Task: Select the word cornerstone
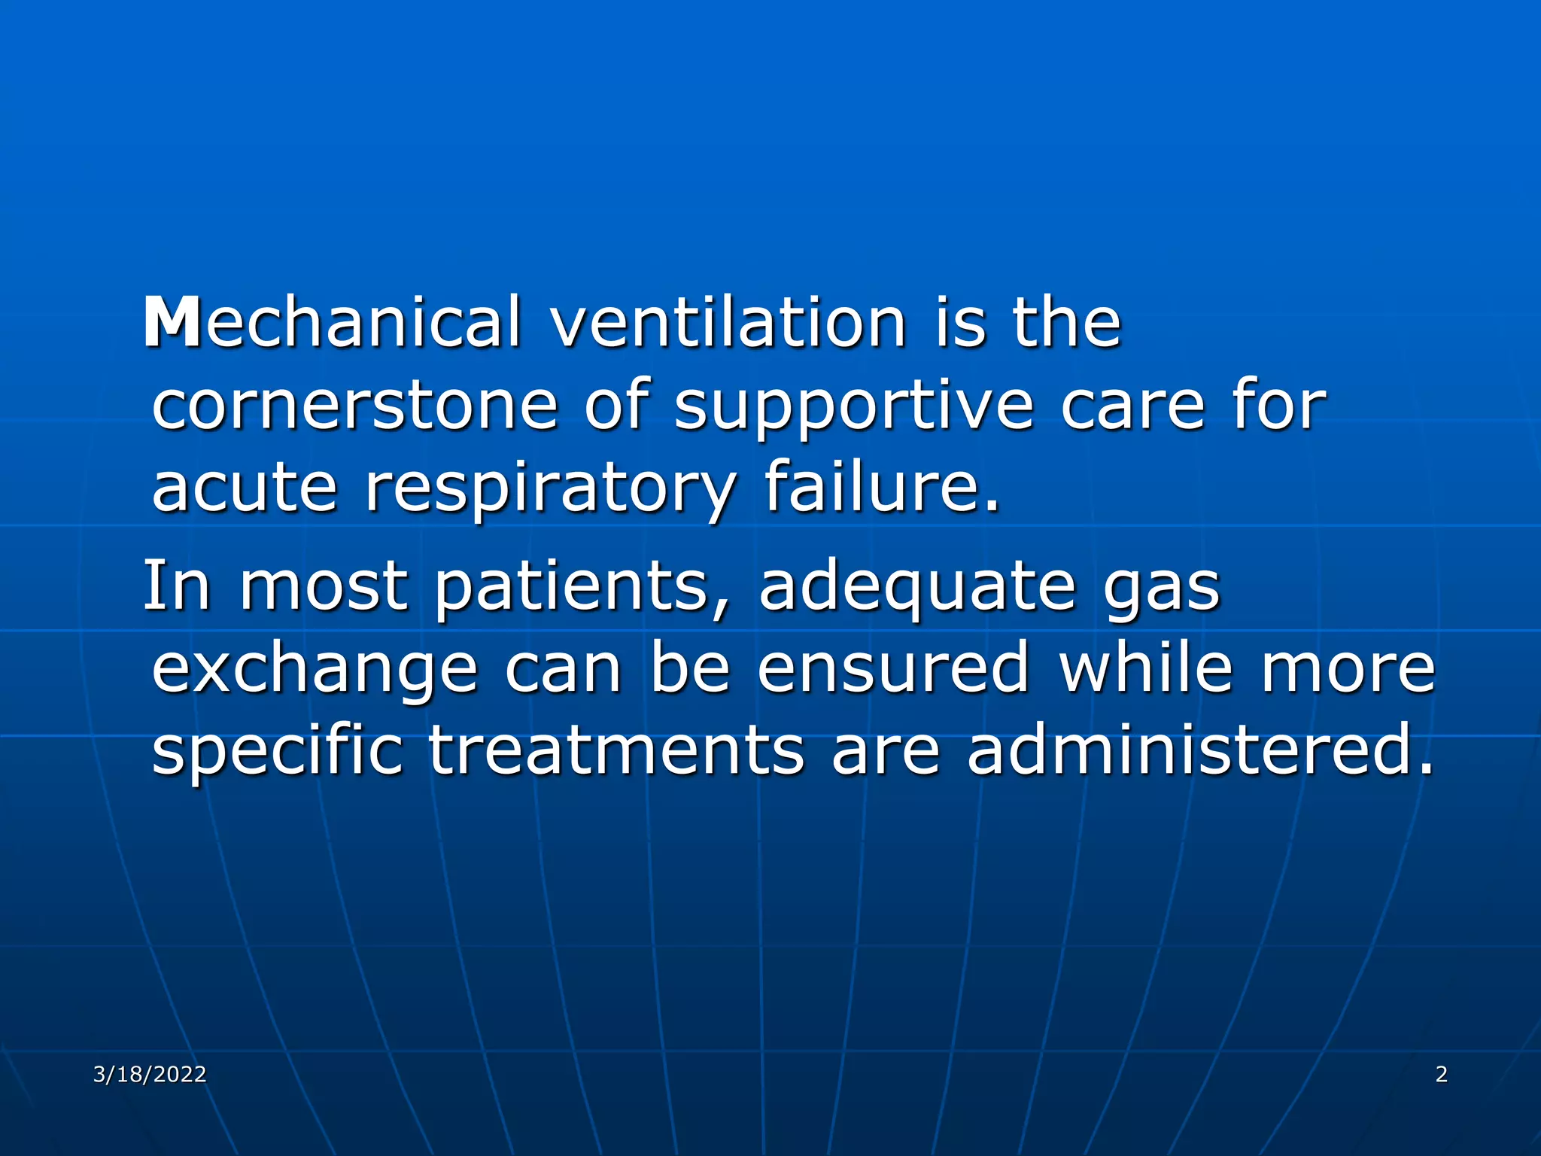point(354,406)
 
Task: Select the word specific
point(278,753)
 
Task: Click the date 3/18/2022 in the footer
point(150,1074)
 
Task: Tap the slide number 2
point(1441,1074)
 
